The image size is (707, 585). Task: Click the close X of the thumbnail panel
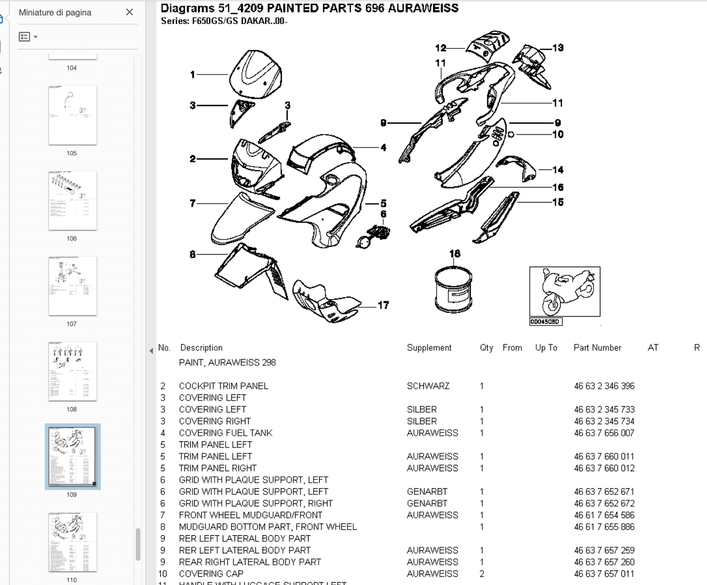(130, 12)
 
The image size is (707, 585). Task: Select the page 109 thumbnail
(72, 456)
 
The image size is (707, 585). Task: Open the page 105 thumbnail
(72, 115)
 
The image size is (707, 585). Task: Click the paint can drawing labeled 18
(454, 290)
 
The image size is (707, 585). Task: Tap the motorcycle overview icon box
(565, 292)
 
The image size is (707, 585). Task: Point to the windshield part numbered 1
(255, 74)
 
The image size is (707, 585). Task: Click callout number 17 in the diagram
(383, 305)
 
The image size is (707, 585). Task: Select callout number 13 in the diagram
(558, 48)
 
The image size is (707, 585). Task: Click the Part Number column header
(597, 348)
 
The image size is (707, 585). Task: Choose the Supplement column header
(429, 348)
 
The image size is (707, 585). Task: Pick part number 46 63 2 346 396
(604, 386)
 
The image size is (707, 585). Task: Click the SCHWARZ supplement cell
(428, 386)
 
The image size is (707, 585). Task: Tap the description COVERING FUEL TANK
(226, 433)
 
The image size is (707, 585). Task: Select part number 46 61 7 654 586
(604, 515)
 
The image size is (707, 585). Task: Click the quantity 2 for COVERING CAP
(482, 574)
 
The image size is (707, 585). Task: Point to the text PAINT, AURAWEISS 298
(227, 363)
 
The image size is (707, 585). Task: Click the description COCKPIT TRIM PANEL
(223, 386)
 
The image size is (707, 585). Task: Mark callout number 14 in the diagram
(558, 170)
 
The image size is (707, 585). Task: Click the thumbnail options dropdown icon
(28, 37)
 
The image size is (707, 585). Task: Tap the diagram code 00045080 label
(545, 322)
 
